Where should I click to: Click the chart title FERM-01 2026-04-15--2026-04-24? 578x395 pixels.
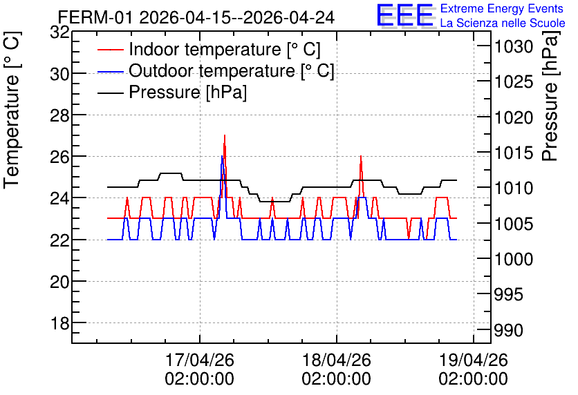point(196,17)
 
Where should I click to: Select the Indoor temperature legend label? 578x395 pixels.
point(225,49)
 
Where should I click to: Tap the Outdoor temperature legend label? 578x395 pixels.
point(232,70)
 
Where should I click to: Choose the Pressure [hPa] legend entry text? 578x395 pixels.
point(187,92)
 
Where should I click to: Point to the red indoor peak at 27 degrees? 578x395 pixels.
point(225,136)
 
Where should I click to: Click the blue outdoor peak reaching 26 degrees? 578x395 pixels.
point(221,157)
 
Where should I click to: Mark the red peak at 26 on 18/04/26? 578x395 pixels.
point(361,157)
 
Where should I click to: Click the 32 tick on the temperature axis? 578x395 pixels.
point(59,32)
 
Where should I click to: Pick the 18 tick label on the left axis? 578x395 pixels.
point(59,323)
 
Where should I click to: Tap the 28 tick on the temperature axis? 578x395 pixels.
point(59,115)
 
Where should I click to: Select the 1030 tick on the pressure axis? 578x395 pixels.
point(514,47)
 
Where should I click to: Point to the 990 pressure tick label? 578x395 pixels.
point(508,330)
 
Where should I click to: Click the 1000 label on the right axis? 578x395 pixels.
point(514,259)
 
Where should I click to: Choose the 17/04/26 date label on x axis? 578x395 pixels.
point(199,360)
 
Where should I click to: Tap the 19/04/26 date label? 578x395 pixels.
point(474,360)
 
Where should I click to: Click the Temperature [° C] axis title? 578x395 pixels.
point(12,110)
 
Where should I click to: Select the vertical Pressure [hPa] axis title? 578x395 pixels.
point(550,96)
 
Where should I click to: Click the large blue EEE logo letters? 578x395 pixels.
point(404,15)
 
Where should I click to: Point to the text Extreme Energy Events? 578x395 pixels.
point(502,8)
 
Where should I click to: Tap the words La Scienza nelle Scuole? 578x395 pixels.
point(503,23)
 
